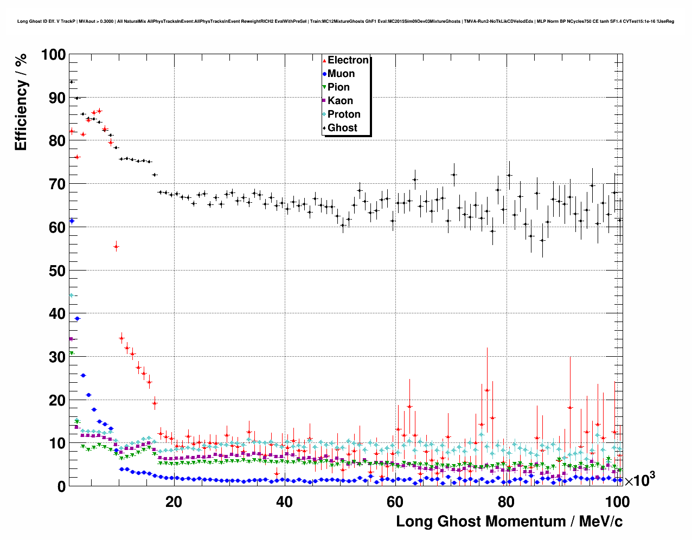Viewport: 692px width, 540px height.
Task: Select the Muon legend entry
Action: coord(341,74)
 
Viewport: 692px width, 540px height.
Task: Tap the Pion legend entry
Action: coord(338,87)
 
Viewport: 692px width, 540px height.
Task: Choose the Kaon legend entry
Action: coord(340,101)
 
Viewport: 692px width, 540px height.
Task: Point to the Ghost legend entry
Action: coord(342,128)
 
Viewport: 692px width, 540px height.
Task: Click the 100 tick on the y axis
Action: coord(54,55)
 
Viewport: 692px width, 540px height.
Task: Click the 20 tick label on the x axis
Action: coord(174,502)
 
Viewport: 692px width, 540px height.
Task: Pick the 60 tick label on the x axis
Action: coord(395,502)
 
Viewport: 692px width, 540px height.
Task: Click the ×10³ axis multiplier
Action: coord(640,480)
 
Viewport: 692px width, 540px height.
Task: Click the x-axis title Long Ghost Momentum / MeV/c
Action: coord(509,522)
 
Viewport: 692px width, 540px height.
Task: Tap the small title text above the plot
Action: coord(345,21)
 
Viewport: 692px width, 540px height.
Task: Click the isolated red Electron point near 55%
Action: coord(116,247)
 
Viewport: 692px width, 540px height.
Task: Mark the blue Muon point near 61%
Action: coord(72,221)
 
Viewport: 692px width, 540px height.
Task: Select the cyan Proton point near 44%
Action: coord(71,295)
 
